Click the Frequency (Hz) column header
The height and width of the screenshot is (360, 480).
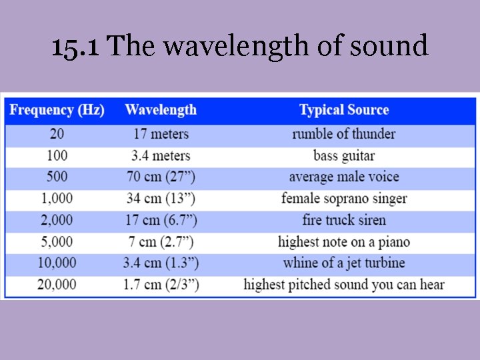pos(57,110)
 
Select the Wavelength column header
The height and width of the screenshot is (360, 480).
pos(161,110)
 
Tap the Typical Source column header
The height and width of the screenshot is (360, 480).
pos(343,110)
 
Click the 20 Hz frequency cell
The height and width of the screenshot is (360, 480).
pos(57,134)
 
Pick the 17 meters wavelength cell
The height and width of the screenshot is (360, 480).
pos(161,134)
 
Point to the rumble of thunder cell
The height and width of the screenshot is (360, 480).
pos(343,134)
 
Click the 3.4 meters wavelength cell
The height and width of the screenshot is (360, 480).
pos(161,156)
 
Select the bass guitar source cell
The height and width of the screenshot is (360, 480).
pos(343,156)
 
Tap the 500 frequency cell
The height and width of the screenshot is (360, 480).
pos(57,177)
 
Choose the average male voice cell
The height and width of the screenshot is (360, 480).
pos(343,177)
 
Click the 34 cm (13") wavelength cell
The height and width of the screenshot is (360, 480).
pos(161,199)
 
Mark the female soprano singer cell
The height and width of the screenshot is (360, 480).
pos(343,199)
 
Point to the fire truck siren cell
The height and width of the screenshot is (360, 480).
pos(343,220)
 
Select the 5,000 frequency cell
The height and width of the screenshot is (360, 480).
pos(57,241)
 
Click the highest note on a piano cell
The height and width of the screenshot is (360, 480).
pos(343,241)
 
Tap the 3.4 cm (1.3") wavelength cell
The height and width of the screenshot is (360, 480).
pos(161,263)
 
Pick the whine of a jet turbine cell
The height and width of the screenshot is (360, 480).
pos(343,263)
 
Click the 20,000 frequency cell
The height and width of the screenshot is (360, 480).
pos(57,285)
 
